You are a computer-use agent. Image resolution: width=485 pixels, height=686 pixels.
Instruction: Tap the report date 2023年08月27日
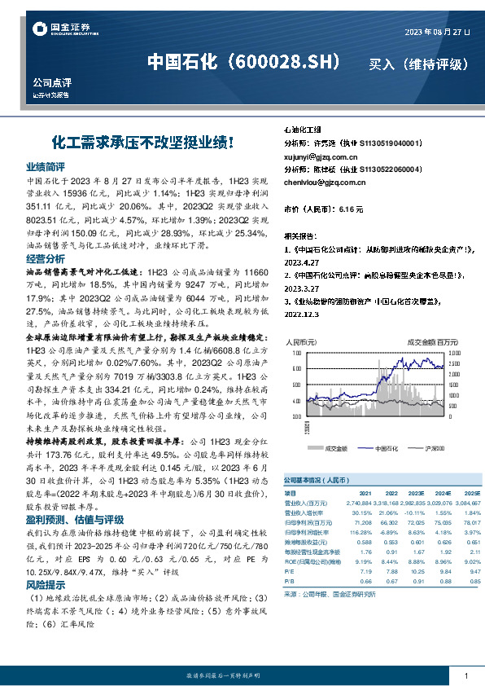click(x=437, y=32)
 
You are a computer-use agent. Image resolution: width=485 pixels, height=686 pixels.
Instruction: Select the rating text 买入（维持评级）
click(x=420, y=64)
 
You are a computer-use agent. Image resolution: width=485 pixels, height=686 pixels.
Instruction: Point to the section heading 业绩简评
click(x=46, y=165)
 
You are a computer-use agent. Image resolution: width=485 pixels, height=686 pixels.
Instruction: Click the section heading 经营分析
click(x=46, y=257)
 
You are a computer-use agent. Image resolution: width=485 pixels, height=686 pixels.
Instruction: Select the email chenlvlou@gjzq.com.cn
click(x=325, y=182)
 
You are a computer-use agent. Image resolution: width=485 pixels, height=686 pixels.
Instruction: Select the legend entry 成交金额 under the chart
click(x=335, y=447)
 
